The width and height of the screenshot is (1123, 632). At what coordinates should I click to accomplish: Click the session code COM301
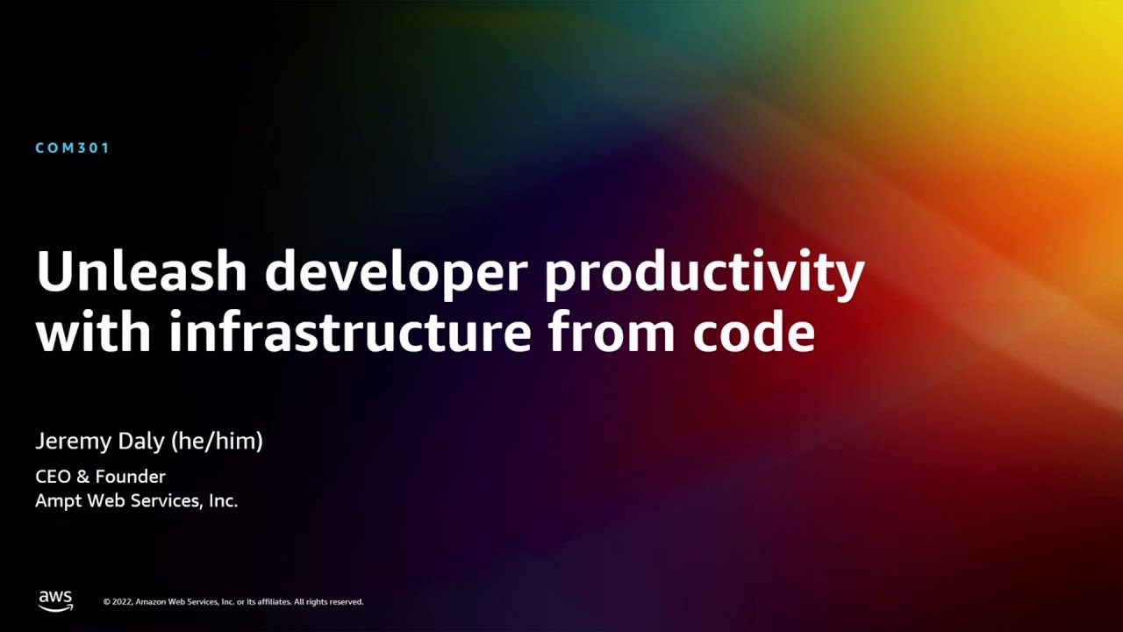coord(73,148)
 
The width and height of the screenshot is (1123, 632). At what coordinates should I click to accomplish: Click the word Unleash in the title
coord(141,273)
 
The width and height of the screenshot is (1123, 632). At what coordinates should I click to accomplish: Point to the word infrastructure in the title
coord(350,333)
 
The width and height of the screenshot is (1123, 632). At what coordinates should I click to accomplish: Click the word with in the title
coord(94,333)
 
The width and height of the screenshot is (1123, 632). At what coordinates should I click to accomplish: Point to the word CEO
coord(53,477)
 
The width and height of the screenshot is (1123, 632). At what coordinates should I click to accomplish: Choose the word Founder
coord(131,477)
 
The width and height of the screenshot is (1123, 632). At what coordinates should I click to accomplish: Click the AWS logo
coord(55,600)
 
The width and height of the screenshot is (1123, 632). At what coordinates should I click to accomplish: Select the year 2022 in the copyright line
coord(122,602)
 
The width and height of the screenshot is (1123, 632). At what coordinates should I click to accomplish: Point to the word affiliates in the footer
coord(270,602)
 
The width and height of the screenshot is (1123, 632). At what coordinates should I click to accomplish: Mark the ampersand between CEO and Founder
coord(83,477)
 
